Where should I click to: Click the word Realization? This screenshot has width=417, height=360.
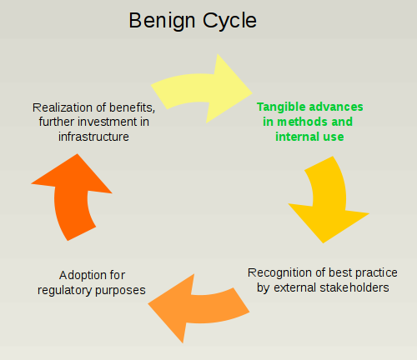pos(66,107)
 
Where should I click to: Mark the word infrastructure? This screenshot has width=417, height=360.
pos(93,137)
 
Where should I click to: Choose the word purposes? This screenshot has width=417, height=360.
pos(121,290)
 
